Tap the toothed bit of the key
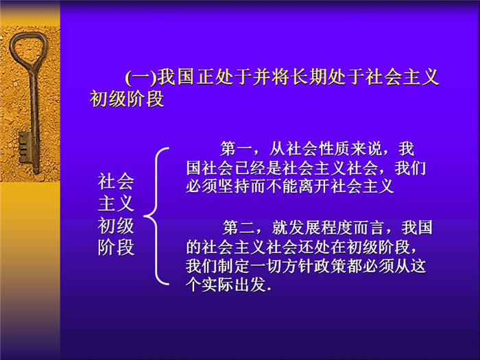pos(24,147)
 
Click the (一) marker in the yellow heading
pos(141,77)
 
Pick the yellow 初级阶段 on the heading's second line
pos(127,99)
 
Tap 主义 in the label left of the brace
pos(116,204)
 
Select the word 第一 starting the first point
pos(236,149)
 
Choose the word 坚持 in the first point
pos(234,186)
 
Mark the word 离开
pos(313,186)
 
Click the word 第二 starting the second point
pos(238,228)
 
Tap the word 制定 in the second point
pos(234,266)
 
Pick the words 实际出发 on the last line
pos(234,285)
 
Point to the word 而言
pos(369,228)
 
